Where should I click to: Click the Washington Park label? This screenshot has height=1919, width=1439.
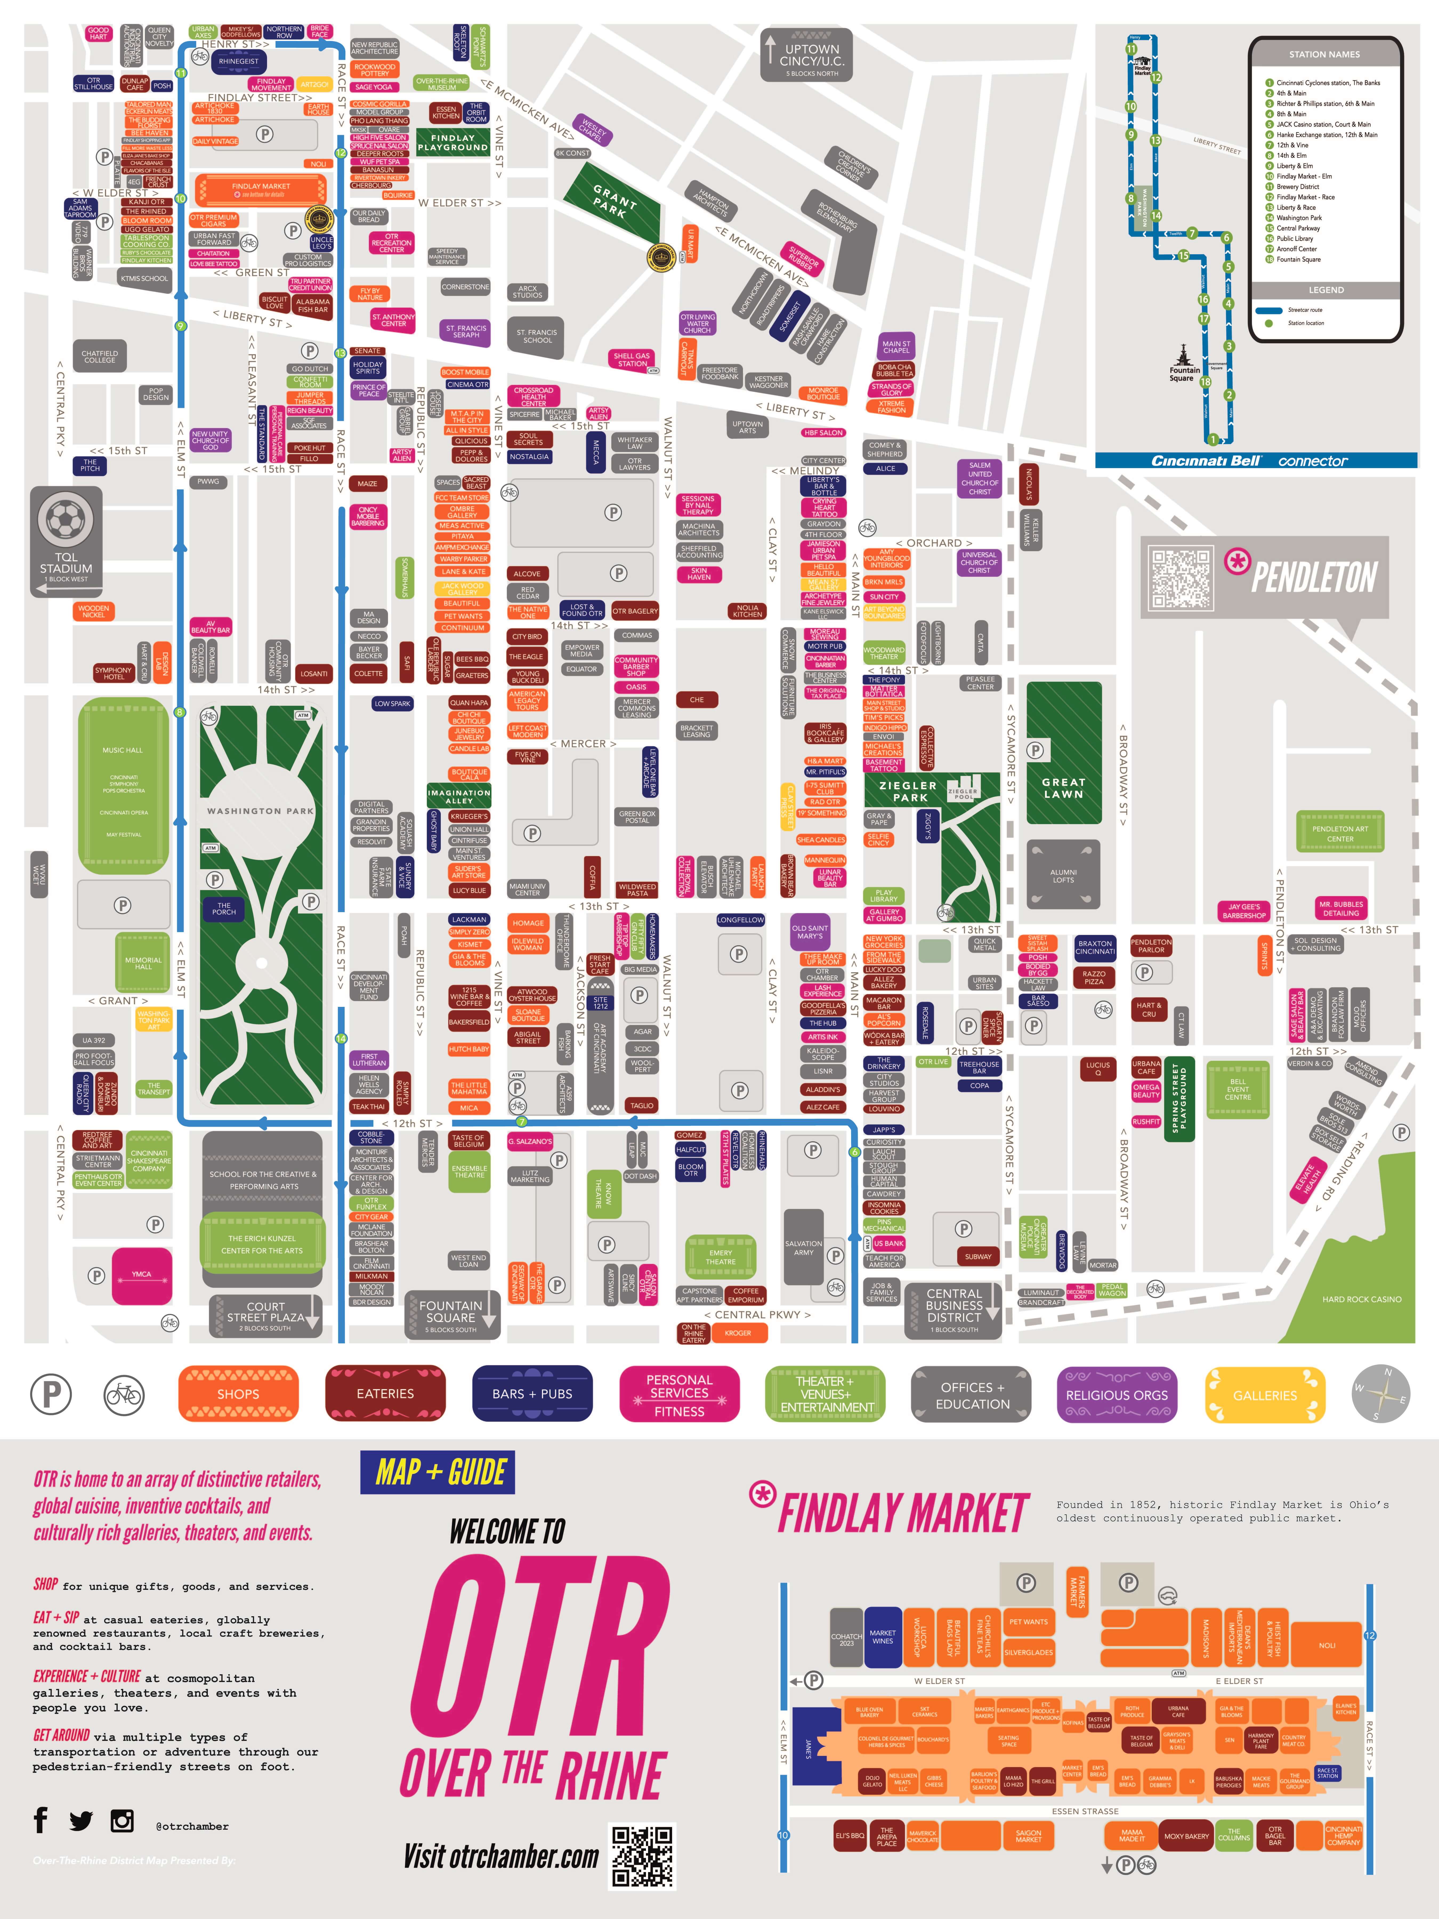click(x=260, y=811)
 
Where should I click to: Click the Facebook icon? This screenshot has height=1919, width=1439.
click(x=40, y=1819)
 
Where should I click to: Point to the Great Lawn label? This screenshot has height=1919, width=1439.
click(x=1064, y=788)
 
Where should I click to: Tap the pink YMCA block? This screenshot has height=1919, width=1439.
click(x=142, y=1275)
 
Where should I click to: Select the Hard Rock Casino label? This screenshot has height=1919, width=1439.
click(x=1361, y=1299)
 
